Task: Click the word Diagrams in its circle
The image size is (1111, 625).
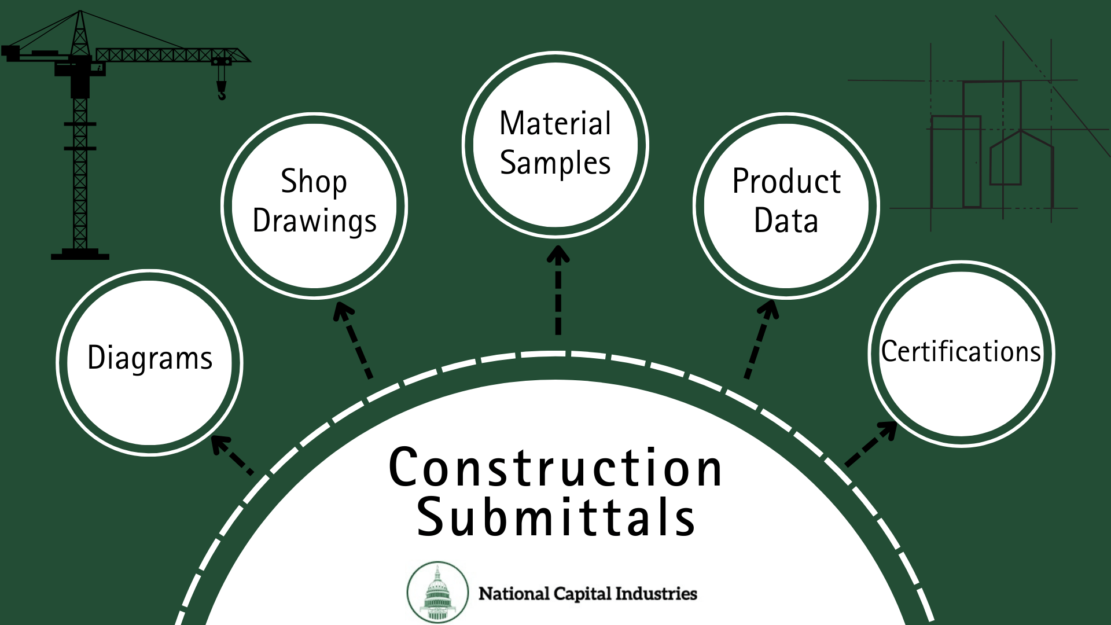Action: (x=150, y=358)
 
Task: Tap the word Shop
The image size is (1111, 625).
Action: (x=314, y=182)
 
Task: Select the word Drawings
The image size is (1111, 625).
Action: (x=314, y=221)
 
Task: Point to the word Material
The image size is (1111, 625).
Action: (x=555, y=123)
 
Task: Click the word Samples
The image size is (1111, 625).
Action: (x=555, y=163)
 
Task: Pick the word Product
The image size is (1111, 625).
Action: (x=786, y=182)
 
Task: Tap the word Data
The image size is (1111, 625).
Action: (x=786, y=221)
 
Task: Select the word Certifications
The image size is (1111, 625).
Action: (x=961, y=351)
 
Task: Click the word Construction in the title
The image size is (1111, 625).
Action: (x=555, y=468)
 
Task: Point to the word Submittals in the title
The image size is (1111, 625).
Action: (x=555, y=517)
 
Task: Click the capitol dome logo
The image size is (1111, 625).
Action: (x=437, y=592)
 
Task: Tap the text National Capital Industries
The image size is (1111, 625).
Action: (x=587, y=594)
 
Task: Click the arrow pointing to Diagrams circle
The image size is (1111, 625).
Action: (x=231, y=455)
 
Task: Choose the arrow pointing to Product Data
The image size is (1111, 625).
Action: (x=759, y=339)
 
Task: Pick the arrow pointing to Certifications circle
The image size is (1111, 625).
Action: (x=871, y=444)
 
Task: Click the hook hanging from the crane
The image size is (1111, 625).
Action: (x=222, y=90)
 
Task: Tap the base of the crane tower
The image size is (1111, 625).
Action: (x=80, y=254)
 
